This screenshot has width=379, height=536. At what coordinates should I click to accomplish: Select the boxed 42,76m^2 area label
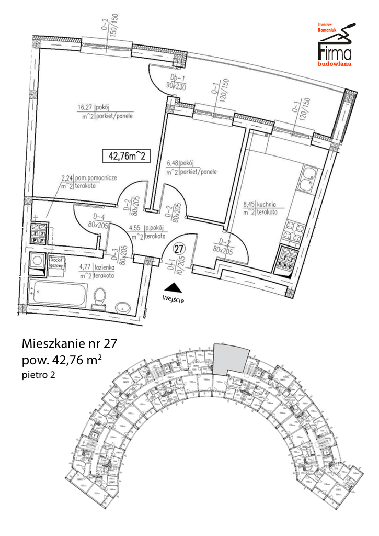[126, 155]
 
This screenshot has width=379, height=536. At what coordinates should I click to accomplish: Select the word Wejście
[174, 300]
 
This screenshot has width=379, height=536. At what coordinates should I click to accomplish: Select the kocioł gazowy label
[56, 263]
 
